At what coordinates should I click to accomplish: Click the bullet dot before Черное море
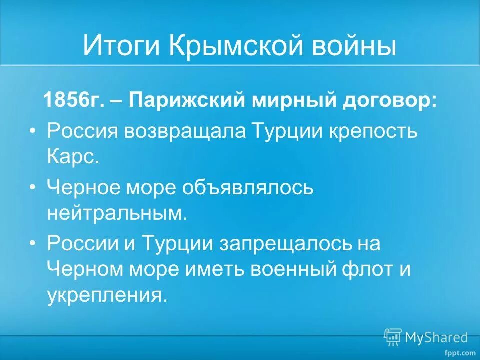(33, 187)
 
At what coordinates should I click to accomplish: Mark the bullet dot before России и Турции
(33, 243)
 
